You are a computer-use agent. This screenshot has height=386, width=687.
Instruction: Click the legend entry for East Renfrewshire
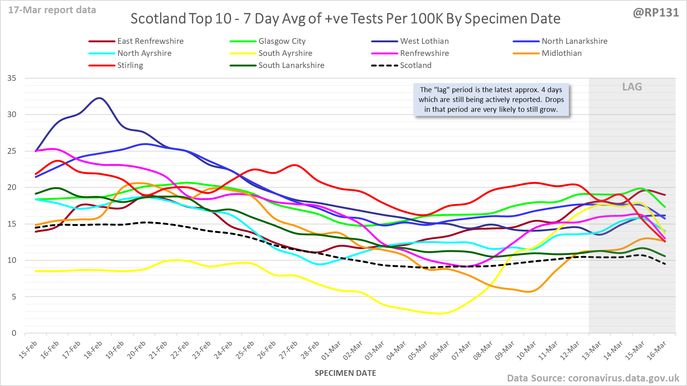pos(150,41)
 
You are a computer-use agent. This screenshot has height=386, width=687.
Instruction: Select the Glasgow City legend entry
pos(282,41)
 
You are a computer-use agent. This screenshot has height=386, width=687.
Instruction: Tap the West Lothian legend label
pos(424,41)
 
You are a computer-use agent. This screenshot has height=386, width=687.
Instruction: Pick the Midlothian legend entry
pos(561,53)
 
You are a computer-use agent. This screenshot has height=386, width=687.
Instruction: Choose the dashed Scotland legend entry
pos(415,65)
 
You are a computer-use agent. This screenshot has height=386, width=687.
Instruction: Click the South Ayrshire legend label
pos(285,53)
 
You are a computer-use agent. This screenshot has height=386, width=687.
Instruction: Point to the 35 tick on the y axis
pos(12,78)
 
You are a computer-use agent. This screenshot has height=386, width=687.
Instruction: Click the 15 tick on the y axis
pos(12,224)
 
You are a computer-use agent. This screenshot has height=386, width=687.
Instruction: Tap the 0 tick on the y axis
pos(14,333)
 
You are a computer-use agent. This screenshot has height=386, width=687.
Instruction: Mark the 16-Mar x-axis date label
pos(657,350)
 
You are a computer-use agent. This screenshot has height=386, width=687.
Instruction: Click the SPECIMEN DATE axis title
pos(345,373)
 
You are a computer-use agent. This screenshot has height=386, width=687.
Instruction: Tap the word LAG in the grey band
pos(632,87)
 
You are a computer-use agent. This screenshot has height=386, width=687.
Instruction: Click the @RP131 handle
pos(656,12)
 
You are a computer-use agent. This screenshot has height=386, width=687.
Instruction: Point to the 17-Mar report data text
pos(52,10)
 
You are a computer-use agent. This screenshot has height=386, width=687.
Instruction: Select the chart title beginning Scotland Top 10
pos(345,19)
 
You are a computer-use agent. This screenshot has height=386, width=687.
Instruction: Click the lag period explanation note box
pos(491,100)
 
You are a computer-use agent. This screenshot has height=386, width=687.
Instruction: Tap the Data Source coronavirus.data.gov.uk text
pos(593,378)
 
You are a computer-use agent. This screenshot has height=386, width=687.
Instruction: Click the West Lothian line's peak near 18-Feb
pos(99,98)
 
